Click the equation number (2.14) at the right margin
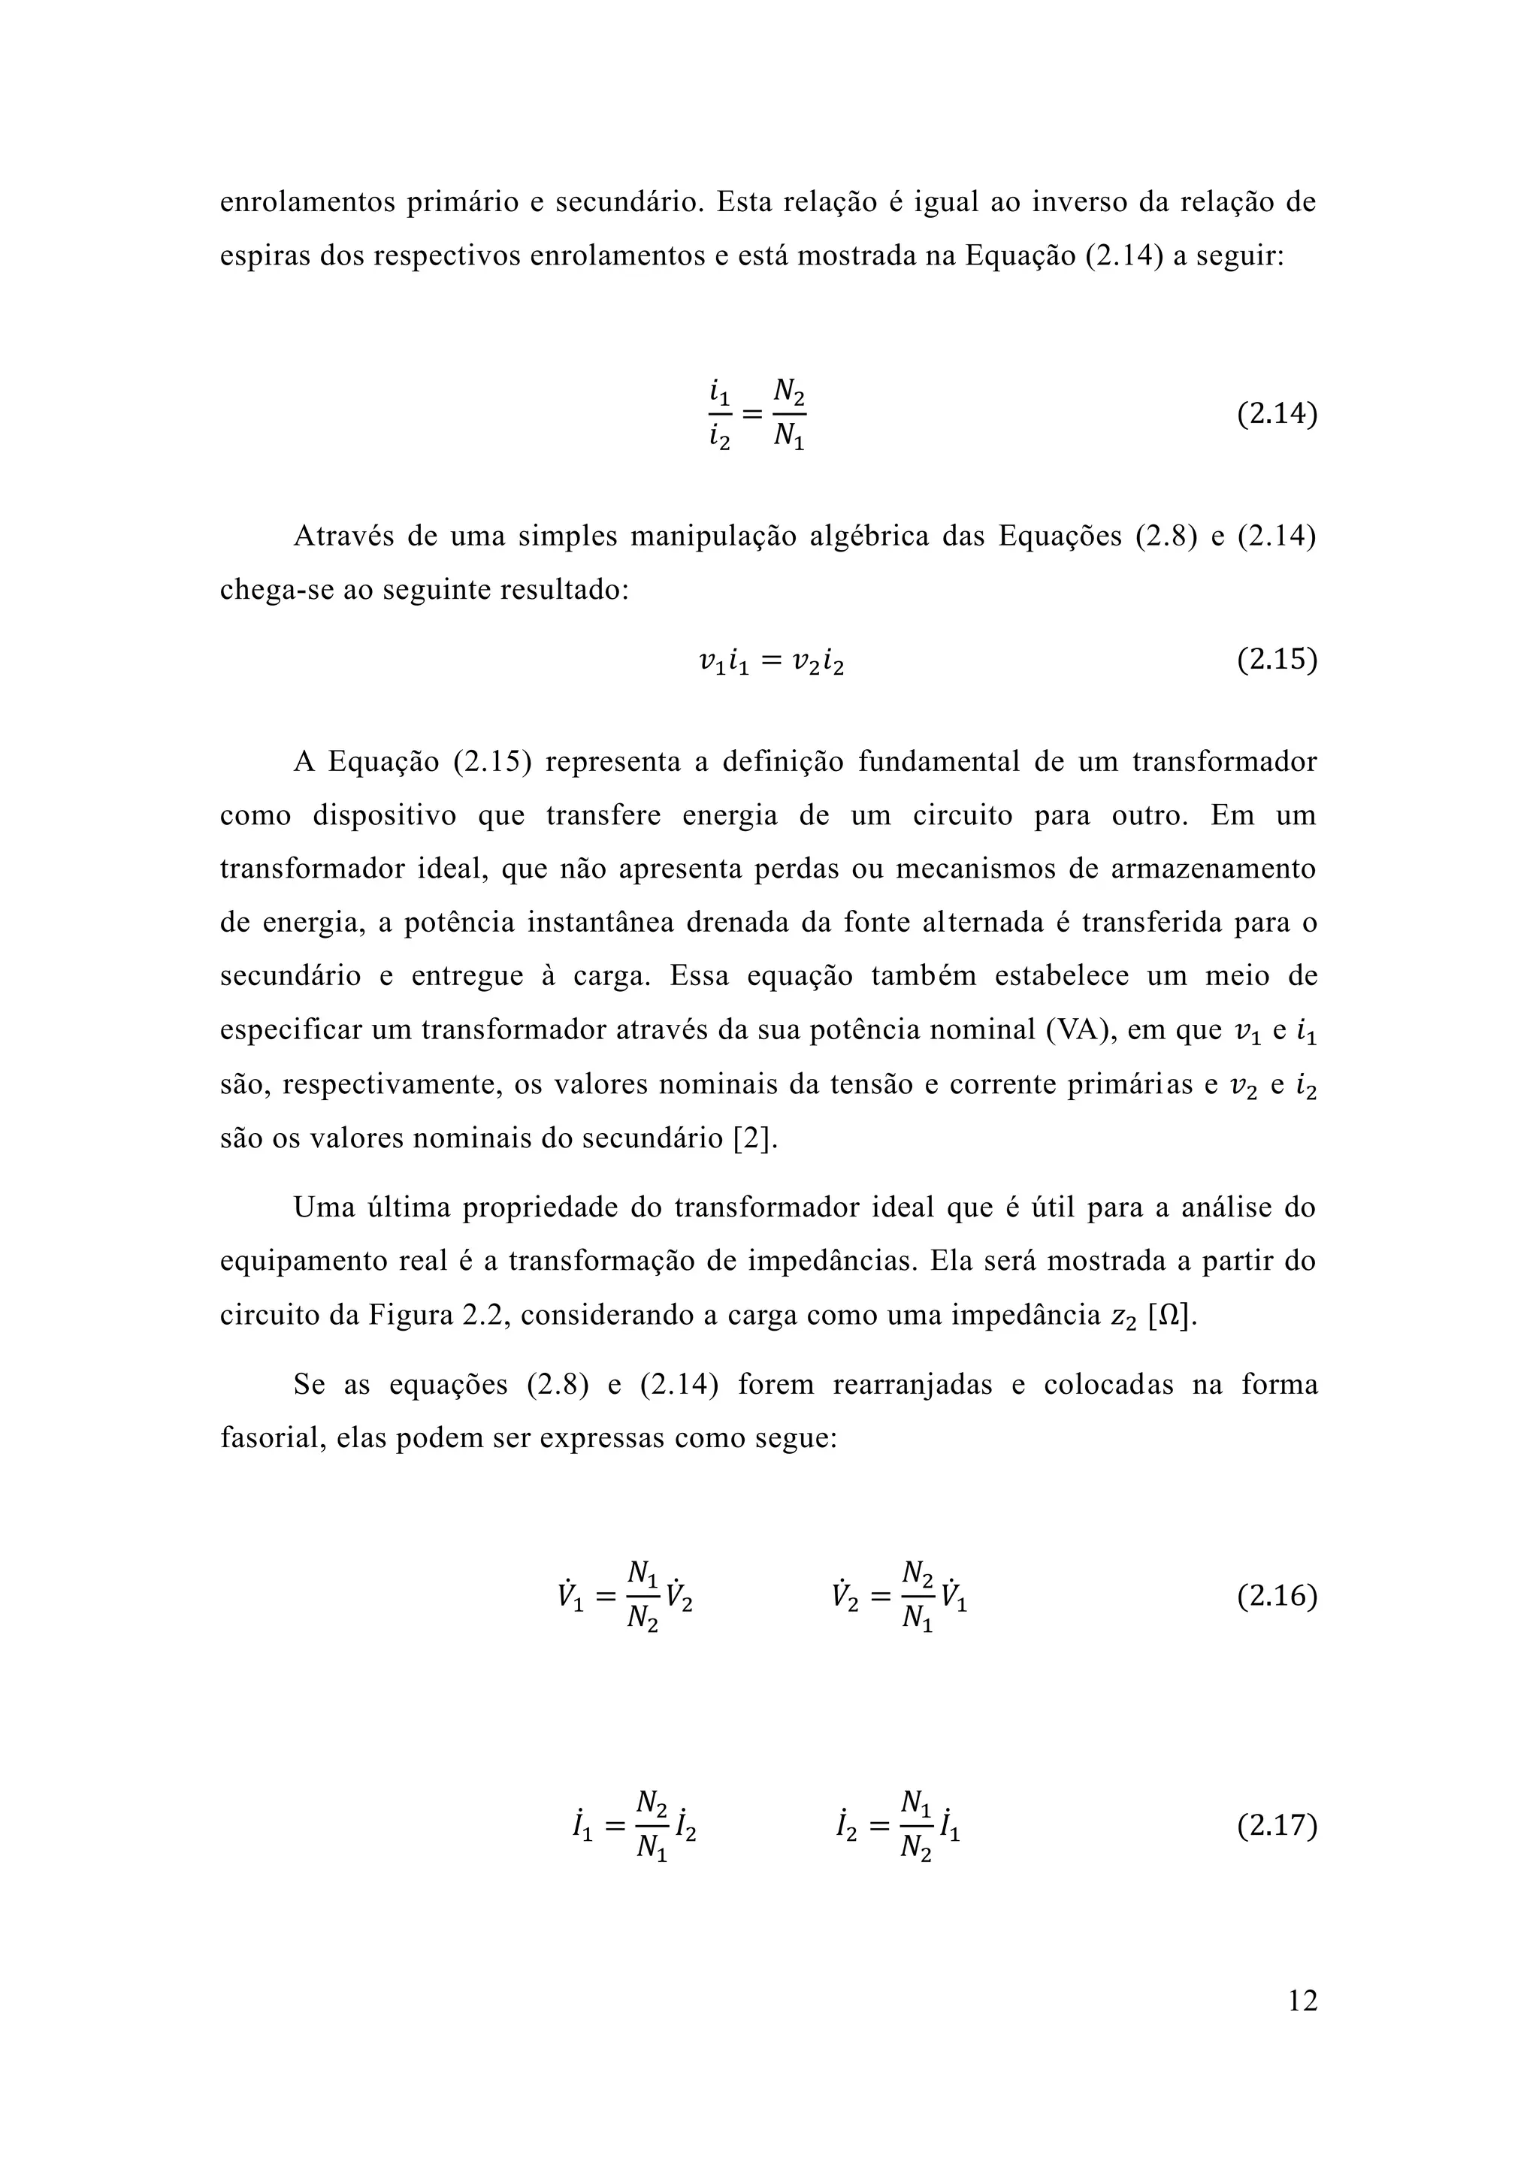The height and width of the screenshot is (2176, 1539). point(1277,415)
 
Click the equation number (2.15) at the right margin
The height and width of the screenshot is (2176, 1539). point(1277,660)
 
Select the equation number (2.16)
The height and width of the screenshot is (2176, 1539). point(1277,1596)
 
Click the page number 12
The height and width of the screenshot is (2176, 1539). point(1302,2001)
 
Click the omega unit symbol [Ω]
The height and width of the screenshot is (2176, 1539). point(1172,1316)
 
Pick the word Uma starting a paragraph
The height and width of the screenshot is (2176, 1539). point(322,1207)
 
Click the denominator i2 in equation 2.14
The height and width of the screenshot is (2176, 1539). point(719,440)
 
